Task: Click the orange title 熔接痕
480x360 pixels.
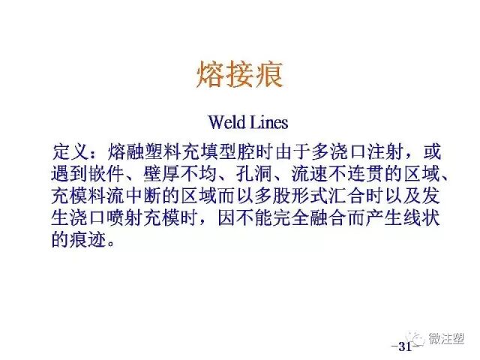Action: point(240,74)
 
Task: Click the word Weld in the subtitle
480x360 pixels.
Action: point(223,121)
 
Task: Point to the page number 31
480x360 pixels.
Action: point(405,346)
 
